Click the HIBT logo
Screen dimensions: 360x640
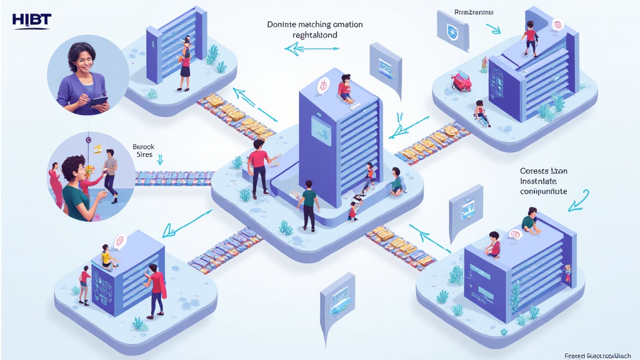coord(31,20)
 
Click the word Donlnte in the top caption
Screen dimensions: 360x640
coord(283,24)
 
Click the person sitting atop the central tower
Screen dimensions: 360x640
coord(344,87)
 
